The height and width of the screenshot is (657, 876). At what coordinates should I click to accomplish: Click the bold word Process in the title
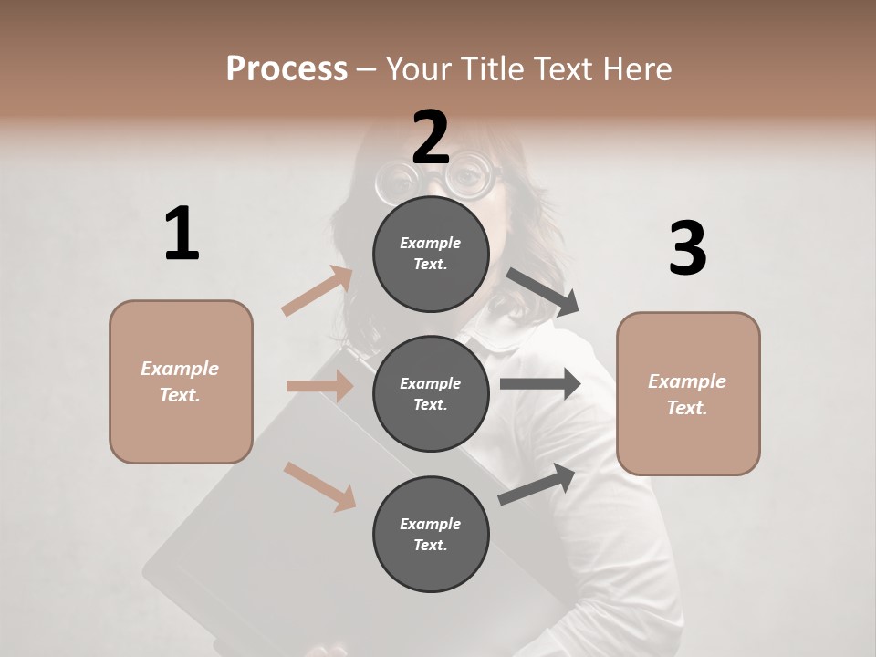point(287,68)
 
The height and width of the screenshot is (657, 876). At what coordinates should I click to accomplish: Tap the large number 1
point(182,235)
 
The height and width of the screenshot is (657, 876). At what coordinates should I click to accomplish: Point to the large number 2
point(431,138)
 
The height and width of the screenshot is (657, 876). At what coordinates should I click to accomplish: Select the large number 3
point(687,249)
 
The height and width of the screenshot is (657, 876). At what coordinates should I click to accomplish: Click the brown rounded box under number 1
point(181,381)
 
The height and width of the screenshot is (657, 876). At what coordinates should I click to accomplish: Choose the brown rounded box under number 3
point(688,393)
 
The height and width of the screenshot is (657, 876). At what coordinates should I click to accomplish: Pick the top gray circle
point(431,253)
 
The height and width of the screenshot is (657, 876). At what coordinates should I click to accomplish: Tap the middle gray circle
point(431,393)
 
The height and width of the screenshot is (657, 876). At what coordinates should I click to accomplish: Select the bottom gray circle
point(431,534)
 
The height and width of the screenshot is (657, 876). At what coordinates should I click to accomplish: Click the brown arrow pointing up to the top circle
point(318,291)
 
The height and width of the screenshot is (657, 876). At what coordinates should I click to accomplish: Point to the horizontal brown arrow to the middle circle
point(319,386)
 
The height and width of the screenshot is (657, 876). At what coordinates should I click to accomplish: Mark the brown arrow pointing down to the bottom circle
point(319,485)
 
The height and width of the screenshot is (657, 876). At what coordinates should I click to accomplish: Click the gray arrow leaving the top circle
point(543,292)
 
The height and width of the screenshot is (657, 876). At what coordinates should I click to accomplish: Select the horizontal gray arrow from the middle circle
point(540,384)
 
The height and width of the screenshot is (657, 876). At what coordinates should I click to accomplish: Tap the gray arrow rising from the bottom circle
point(537,484)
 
